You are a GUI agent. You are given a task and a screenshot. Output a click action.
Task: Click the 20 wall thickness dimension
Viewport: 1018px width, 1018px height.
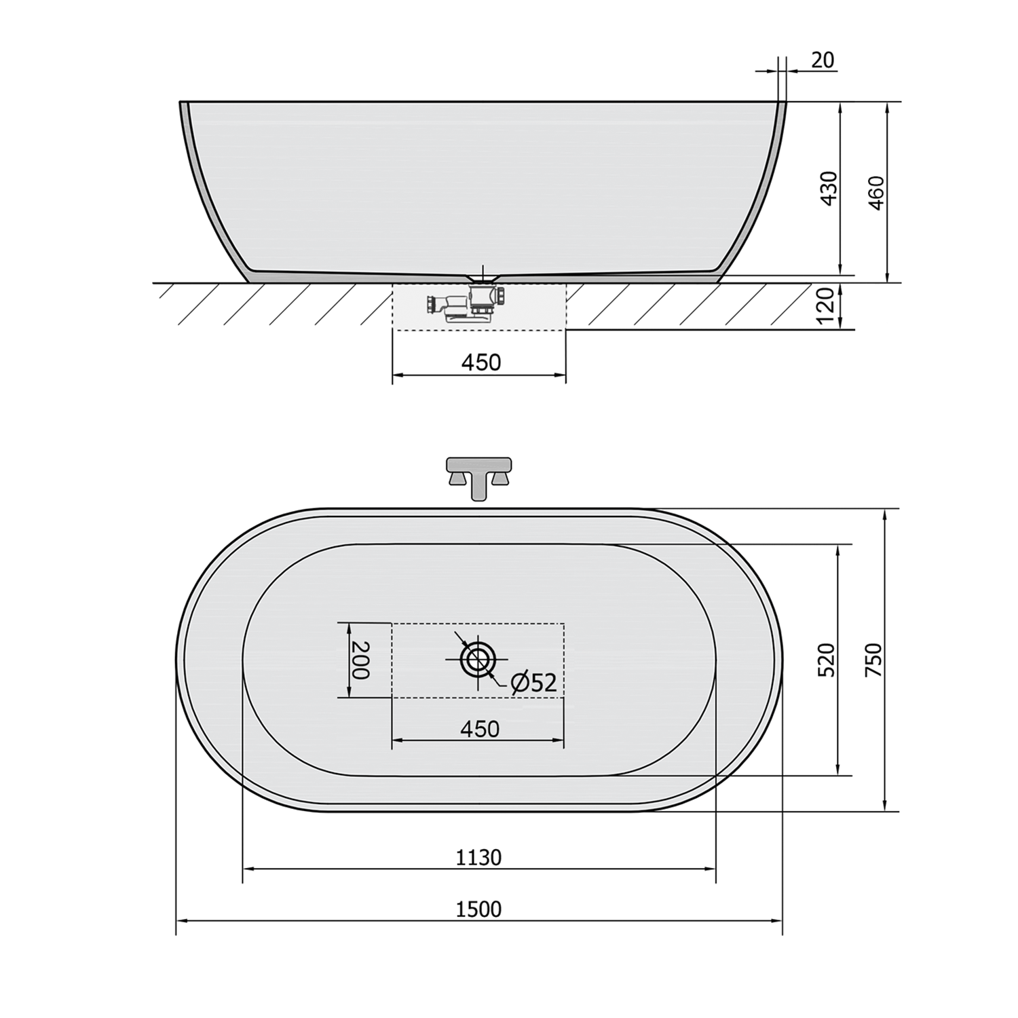click(x=822, y=60)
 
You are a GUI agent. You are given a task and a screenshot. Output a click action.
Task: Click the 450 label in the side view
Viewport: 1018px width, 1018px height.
click(x=480, y=362)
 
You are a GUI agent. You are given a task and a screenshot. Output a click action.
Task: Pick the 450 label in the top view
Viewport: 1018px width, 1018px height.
click(x=480, y=729)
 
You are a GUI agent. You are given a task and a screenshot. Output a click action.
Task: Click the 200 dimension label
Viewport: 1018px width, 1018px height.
click(x=360, y=660)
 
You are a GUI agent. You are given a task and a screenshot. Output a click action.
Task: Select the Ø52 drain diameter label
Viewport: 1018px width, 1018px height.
click(x=533, y=683)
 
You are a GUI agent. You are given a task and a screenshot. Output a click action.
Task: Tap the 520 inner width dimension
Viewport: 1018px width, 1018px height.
click(x=827, y=660)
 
